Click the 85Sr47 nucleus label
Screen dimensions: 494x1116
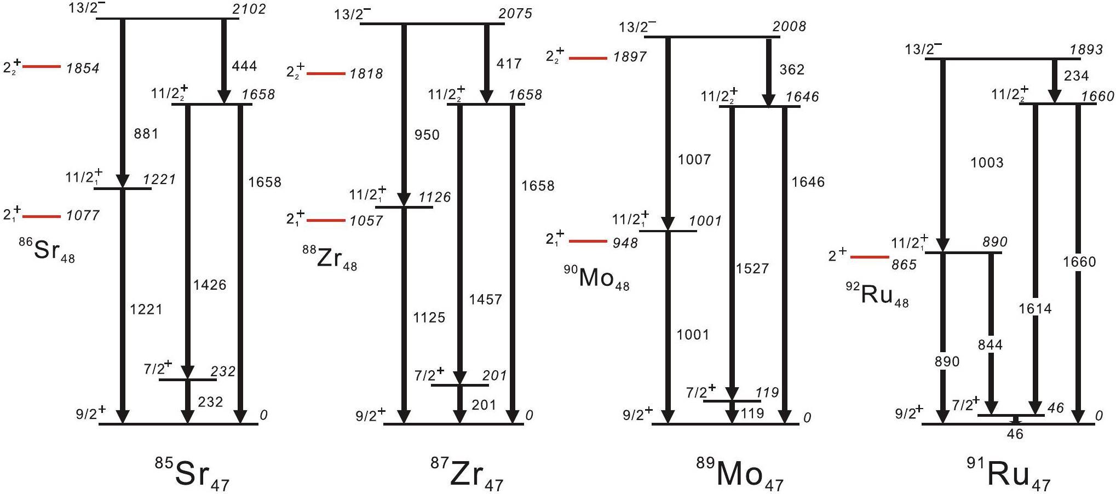(193, 474)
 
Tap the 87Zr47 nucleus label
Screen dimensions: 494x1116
(467, 474)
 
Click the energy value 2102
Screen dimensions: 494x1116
(249, 9)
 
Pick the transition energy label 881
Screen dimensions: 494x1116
(146, 134)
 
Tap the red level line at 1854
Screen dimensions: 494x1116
(42, 67)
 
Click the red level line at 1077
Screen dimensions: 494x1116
(42, 217)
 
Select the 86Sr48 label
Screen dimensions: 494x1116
(48, 251)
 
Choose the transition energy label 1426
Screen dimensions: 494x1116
(210, 285)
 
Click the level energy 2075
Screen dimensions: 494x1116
(515, 13)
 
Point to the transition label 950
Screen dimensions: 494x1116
(427, 135)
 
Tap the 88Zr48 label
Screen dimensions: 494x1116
(330, 259)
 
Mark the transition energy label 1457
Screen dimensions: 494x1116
(485, 300)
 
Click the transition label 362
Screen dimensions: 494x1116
(792, 70)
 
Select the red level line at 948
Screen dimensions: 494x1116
(588, 241)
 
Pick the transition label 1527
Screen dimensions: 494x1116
(752, 268)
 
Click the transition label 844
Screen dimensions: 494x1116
(990, 344)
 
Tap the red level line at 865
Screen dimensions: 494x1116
(870, 257)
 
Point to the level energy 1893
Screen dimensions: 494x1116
(1086, 49)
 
